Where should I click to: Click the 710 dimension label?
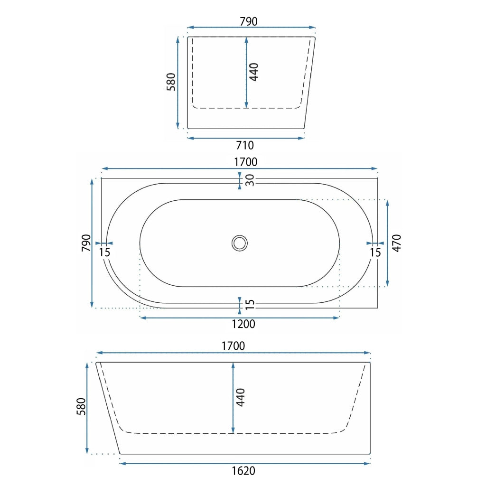245,145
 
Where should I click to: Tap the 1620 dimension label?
243,471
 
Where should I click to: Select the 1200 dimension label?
243,324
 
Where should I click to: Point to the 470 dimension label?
397,243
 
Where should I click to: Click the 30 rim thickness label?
250,180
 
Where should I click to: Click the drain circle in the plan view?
240,243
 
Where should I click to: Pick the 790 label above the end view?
249,21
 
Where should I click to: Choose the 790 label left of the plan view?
86,243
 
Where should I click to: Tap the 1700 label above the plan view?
245,162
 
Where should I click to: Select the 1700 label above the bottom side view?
233,346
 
